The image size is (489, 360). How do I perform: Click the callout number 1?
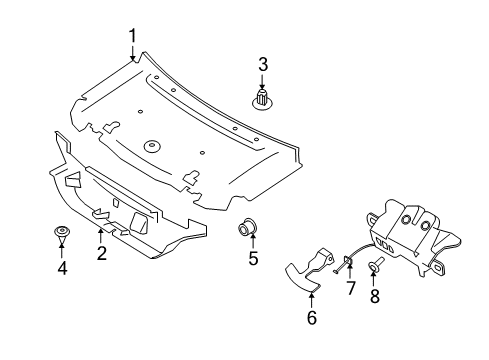(x=132, y=37)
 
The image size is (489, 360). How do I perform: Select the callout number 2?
(x=101, y=253)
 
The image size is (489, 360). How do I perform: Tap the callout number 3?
(x=263, y=65)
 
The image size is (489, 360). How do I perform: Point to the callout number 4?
(x=62, y=267)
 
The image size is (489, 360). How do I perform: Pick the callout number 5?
(x=253, y=259)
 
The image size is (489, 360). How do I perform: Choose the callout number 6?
(x=311, y=318)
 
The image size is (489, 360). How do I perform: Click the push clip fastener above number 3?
(x=263, y=99)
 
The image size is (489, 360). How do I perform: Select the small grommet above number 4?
(x=62, y=234)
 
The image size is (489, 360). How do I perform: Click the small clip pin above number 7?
(x=344, y=263)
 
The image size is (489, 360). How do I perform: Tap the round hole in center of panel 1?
(x=153, y=146)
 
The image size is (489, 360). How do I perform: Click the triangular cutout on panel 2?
(x=74, y=181)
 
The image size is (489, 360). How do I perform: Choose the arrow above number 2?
(x=100, y=234)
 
